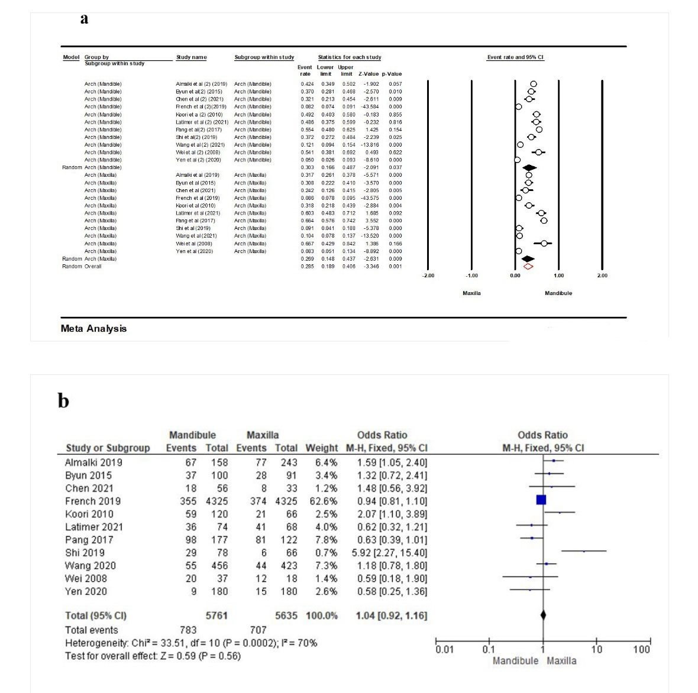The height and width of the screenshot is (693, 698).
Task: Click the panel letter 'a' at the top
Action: (84, 19)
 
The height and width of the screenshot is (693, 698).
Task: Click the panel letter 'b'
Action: (63, 401)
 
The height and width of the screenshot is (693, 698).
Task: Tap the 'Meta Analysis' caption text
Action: (93, 329)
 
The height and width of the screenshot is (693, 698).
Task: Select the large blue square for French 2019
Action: (541, 500)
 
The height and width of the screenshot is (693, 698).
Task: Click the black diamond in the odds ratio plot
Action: (543, 616)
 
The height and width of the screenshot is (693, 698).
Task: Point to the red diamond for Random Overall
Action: (528, 267)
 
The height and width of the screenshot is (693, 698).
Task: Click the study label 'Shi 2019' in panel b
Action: (85, 553)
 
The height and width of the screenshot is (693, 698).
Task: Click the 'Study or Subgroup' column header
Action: (108, 448)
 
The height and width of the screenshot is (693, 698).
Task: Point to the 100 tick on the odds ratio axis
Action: (641, 650)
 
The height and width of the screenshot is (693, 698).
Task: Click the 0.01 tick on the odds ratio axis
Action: (444, 650)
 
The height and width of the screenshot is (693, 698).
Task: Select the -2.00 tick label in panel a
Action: (428, 276)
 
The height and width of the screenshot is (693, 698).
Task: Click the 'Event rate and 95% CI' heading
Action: (515, 57)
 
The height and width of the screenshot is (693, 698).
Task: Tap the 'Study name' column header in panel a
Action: (191, 57)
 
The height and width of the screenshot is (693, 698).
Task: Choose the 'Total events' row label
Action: (92, 630)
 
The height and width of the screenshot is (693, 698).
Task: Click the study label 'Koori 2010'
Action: (89, 514)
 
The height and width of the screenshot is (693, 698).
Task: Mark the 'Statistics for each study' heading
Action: (349, 57)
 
